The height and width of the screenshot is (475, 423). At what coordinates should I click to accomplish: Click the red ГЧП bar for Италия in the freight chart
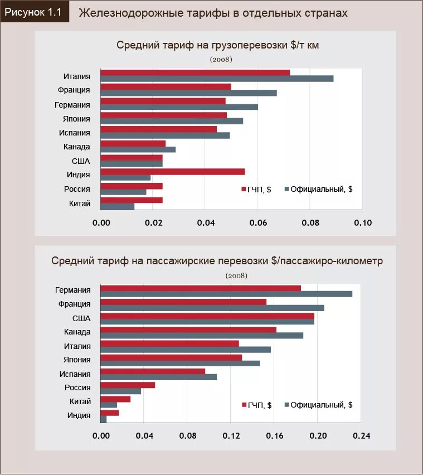195,72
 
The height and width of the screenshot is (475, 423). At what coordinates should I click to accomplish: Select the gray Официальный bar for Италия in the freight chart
217,79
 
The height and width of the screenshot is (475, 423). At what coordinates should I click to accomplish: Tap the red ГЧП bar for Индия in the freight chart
172,172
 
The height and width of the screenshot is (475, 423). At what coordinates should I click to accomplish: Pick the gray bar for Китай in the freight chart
117,206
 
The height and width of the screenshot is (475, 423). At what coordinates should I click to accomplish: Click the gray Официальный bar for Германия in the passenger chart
226,294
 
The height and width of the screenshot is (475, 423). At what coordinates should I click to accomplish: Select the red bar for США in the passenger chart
207,316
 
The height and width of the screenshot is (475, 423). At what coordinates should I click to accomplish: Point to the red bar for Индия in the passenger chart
109,413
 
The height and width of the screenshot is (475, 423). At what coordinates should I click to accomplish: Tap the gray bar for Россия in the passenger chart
120,391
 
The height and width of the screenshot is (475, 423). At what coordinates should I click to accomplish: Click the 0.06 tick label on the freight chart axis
257,223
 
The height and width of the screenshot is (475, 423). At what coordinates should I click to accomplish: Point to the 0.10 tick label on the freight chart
362,223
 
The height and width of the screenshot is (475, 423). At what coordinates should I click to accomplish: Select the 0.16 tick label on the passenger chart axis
274,436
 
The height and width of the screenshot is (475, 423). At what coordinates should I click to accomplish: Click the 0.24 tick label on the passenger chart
361,436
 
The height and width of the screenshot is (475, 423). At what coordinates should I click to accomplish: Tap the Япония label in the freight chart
77,118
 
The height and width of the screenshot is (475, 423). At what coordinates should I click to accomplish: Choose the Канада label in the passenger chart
77,332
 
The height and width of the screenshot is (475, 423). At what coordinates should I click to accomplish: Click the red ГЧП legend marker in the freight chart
244,190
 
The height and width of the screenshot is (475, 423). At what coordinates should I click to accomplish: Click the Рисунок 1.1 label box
34,12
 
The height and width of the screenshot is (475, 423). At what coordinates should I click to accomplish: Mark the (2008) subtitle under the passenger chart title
237,275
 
